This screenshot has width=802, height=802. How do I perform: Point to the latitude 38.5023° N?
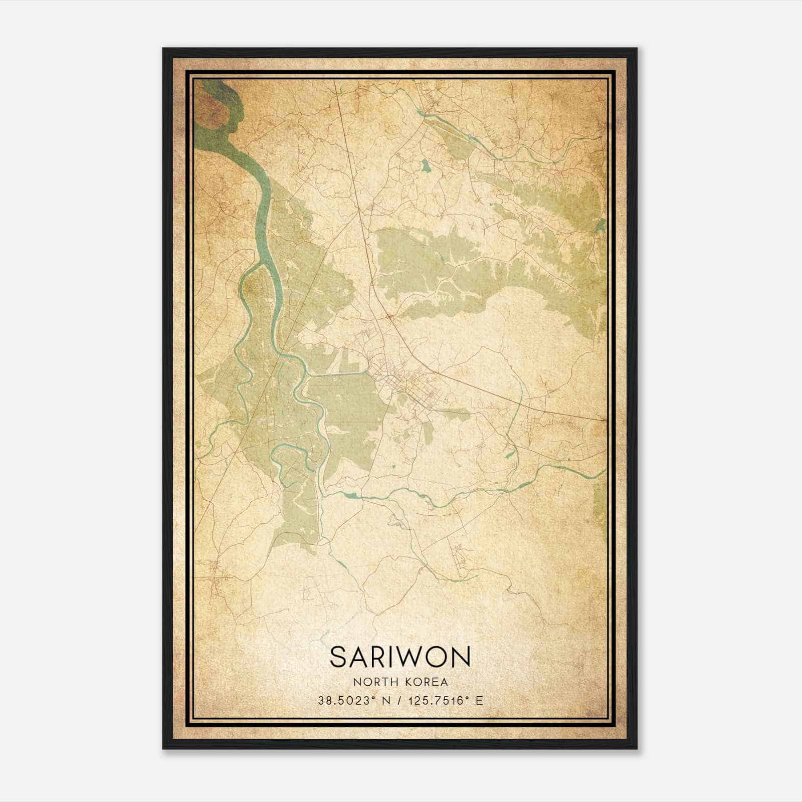[353, 700]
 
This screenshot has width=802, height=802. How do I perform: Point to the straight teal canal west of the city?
[341, 373]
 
